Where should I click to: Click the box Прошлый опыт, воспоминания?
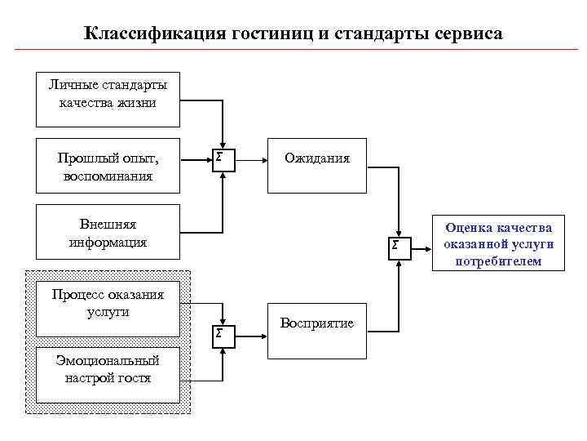tap(108, 166)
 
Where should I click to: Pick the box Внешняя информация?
tap(108, 232)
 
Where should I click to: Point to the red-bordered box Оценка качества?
tap(498, 244)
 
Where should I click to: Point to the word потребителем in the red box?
tap(498, 261)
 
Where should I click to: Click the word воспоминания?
tap(108, 176)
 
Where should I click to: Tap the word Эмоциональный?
tap(108, 360)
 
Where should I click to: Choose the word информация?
tap(108, 242)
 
